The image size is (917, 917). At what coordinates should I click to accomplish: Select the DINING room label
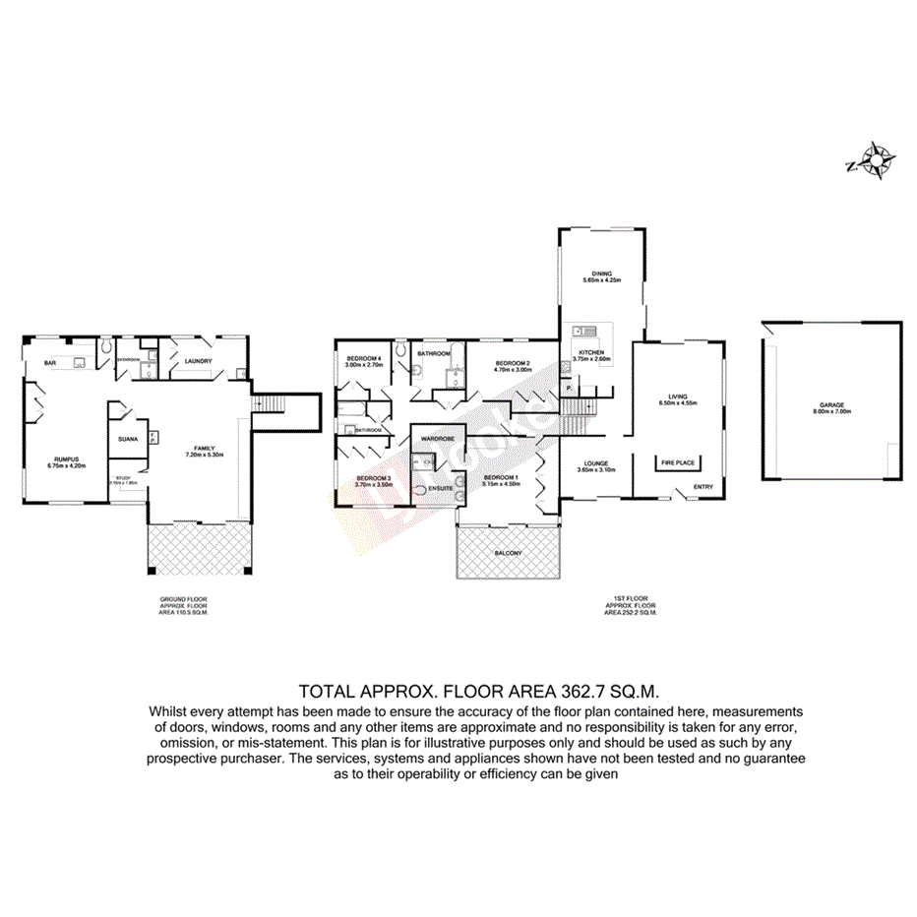tap(602, 274)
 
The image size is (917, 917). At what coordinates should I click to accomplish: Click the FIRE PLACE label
tap(678, 461)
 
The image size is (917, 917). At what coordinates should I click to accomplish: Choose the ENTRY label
tap(703, 486)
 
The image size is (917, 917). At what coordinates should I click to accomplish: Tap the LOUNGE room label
tap(594, 463)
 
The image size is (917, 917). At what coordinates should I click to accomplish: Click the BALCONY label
tap(509, 553)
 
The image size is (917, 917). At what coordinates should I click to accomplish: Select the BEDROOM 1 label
tap(501, 478)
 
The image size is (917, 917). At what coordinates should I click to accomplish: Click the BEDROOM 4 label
tap(363, 357)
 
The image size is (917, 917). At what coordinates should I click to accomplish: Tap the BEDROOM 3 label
tap(374, 478)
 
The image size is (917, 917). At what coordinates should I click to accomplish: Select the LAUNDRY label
tap(198, 361)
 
